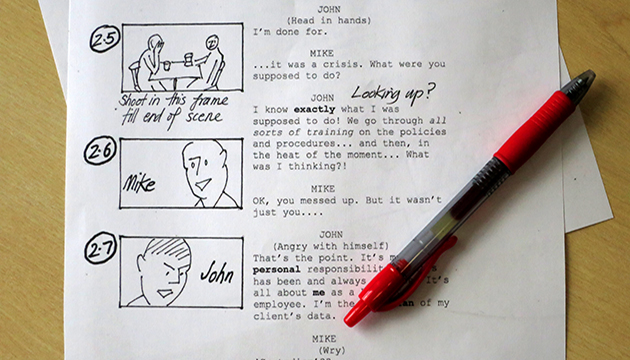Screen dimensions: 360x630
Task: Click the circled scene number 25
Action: point(103,40)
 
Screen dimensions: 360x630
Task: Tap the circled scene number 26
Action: point(102,153)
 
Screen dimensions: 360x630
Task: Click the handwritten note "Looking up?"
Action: point(392,93)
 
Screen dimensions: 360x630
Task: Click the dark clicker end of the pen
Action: point(581,79)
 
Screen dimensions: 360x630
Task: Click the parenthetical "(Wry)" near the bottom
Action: point(323,351)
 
